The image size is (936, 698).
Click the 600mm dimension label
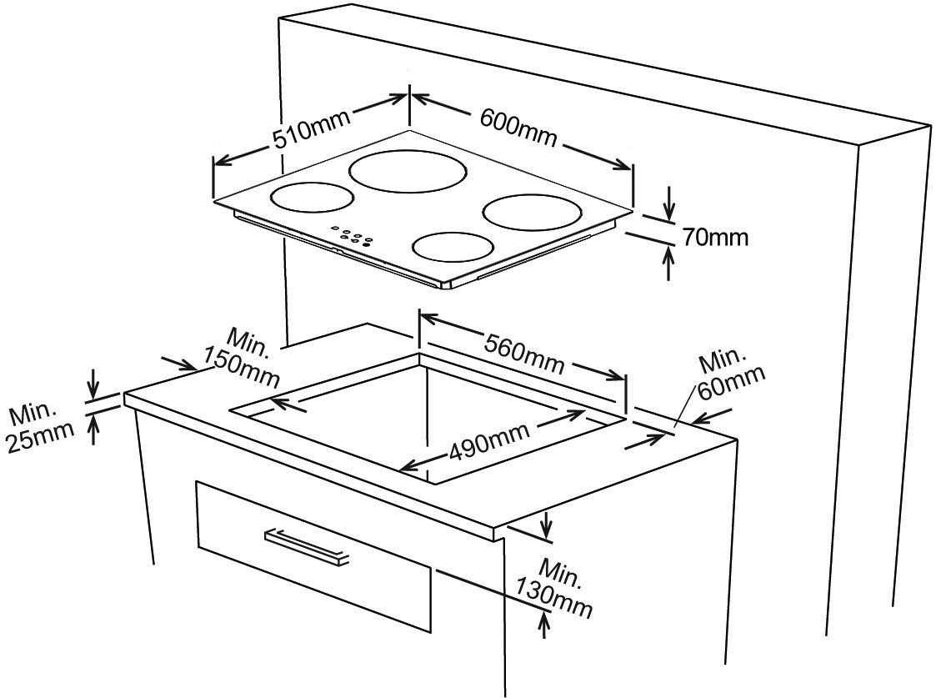click(518, 126)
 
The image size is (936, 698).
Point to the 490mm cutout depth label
click(488, 444)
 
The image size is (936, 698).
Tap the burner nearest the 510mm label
click(313, 198)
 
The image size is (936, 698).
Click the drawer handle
click(307, 547)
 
